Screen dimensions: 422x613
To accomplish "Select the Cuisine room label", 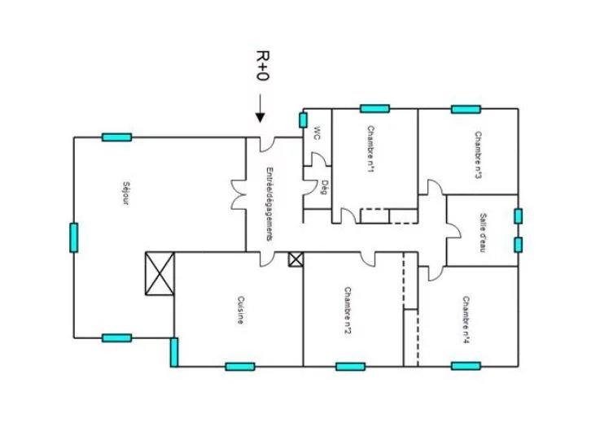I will click(241, 309).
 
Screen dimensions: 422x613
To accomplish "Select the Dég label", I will click(323, 186).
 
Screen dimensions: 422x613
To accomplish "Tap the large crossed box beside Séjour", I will click(159, 274).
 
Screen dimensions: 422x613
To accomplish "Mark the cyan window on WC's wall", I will click(303, 120).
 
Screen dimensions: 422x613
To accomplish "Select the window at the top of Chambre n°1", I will click(374, 108).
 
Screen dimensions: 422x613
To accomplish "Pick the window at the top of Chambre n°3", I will click(466, 109).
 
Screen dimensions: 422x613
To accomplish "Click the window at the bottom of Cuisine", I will click(239, 367).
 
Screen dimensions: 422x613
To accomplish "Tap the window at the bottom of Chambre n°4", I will click(466, 366).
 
